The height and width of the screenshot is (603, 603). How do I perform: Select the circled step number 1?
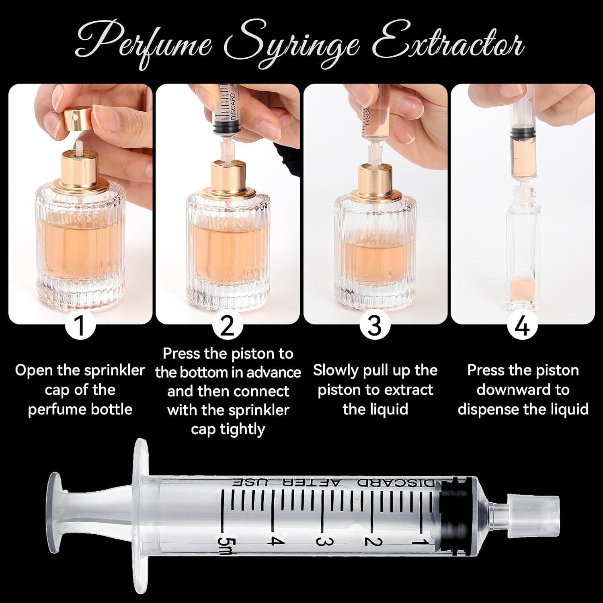[x=80, y=326]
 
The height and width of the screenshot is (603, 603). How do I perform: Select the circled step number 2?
[x=228, y=326]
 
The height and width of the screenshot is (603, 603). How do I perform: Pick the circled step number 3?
[x=375, y=326]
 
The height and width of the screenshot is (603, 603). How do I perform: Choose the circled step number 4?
[x=522, y=326]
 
